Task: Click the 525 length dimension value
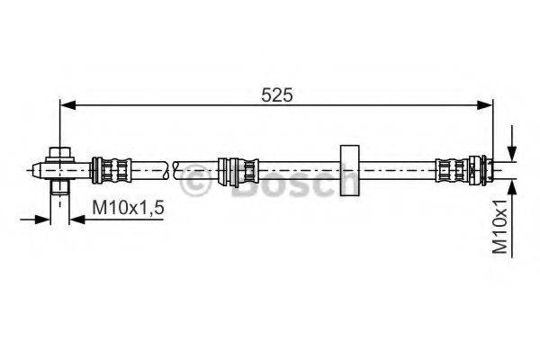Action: [276, 95]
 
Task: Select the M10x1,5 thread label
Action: [128, 208]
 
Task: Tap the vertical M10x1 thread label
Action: [499, 226]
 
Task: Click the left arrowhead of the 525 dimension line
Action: [67, 105]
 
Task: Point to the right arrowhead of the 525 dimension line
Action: [485, 105]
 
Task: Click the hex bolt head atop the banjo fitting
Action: [60, 153]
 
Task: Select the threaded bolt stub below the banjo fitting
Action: [60, 186]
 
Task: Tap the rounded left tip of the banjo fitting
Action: [36, 170]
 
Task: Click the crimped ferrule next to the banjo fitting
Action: [111, 170]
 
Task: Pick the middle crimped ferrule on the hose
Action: [238, 170]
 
